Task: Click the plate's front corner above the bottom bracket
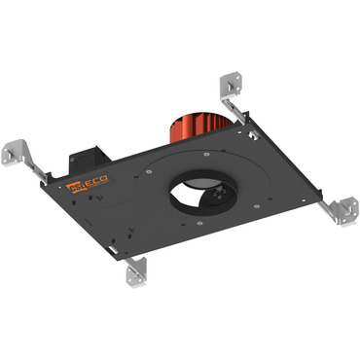pos(131,255)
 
